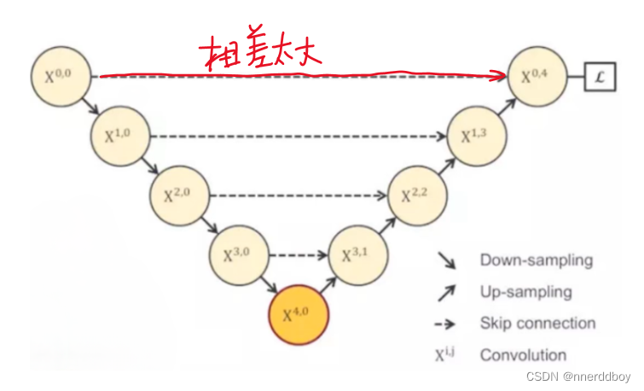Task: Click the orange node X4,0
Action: [x=299, y=313]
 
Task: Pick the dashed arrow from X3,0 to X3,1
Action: [x=299, y=254]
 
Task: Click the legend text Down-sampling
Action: [x=536, y=260]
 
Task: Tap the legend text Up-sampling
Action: [x=525, y=292]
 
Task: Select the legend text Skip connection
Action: [x=537, y=324]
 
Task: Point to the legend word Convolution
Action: [x=523, y=355]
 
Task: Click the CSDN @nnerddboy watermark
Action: [x=579, y=376]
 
